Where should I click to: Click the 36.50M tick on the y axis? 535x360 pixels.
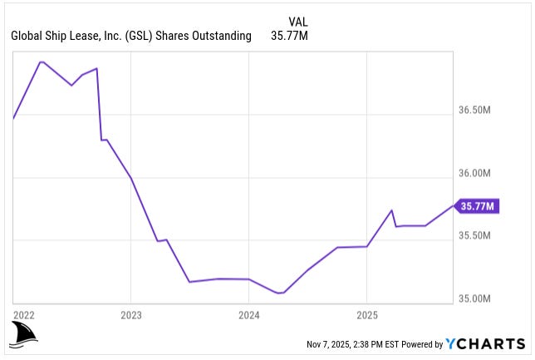[x=477, y=110]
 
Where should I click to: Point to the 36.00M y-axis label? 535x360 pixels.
[x=477, y=173]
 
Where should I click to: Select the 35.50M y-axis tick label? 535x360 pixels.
[x=477, y=236]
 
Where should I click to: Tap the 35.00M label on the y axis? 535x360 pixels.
[x=477, y=298]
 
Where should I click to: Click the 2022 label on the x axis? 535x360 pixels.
[x=23, y=315]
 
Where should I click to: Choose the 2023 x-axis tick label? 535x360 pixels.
[x=130, y=315]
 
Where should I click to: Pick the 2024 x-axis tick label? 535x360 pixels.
[x=248, y=315]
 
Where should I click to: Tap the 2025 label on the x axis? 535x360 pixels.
[x=366, y=315]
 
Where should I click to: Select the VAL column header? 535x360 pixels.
[x=298, y=21]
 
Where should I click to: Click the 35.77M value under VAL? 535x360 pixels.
[x=289, y=36]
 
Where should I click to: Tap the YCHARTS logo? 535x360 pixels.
[x=485, y=343]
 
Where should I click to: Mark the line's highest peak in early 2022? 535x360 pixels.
[x=42, y=62]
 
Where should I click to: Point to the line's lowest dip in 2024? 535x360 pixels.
[x=279, y=293]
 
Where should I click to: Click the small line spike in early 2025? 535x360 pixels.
[x=392, y=210]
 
